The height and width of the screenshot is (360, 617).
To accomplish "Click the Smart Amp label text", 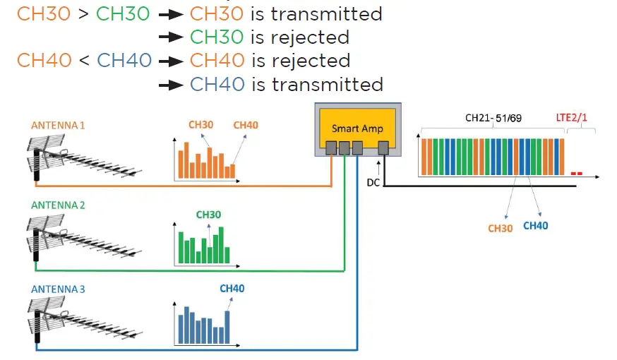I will click(357, 128).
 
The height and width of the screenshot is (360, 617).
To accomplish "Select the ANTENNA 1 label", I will click(58, 126).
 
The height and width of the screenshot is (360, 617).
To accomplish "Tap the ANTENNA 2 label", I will click(58, 205).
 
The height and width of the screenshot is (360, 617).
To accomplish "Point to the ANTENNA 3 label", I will click(58, 289).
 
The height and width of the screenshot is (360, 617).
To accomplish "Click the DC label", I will click(373, 182).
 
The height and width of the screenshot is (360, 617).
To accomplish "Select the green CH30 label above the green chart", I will click(208, 214).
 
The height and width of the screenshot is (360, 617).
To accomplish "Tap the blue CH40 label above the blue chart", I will click(232, 288).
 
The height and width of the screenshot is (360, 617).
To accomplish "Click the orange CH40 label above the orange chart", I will click(246, 126).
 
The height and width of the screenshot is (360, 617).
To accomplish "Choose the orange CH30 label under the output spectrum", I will click(501, 229).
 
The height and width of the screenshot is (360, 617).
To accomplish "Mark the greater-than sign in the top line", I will click(83, 13).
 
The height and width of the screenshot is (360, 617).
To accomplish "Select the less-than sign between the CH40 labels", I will click(84, 61).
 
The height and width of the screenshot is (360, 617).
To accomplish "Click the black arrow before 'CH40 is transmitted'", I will click(170, 85).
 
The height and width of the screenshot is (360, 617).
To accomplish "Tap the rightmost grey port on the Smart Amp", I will click(383, 148).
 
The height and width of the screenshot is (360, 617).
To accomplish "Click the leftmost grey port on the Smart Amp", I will click(330, 148).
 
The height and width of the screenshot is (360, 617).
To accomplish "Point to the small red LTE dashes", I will click(576, 173).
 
